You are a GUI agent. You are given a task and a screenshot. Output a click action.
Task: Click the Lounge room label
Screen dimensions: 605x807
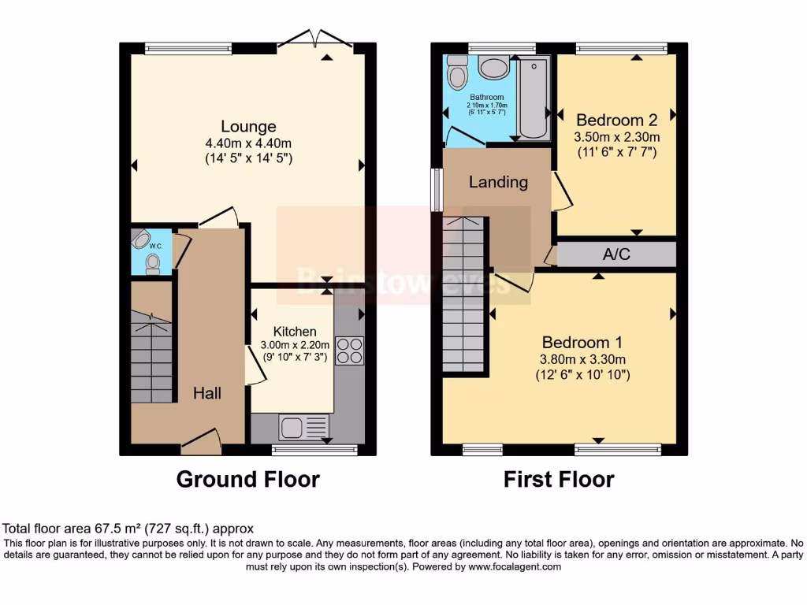point(248,126)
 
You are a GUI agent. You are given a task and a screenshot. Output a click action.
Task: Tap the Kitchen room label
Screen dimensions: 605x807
point(295,332)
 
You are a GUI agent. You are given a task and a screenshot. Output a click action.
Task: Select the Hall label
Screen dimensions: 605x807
point(207,393)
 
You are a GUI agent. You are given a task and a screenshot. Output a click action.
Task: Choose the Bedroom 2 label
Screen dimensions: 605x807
point(616,121)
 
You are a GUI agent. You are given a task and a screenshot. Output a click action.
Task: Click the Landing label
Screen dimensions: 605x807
point(498,182)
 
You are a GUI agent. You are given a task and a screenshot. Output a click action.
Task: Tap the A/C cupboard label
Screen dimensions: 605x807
point(616,254)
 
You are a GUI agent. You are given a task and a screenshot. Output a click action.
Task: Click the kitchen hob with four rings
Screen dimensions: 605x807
point(349,351)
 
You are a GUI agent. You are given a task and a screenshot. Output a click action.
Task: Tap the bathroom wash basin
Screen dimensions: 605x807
point(494,68)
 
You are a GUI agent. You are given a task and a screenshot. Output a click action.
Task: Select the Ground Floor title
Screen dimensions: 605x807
point(247,479)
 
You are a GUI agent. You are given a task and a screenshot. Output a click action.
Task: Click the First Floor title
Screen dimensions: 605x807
point(559,479)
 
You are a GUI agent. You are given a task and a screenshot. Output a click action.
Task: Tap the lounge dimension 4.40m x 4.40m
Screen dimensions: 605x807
point(248,143)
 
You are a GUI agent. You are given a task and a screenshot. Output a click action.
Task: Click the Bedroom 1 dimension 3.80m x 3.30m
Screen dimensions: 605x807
point(584,360)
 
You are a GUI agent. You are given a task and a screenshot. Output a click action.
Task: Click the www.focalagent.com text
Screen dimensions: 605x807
point(515,566)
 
